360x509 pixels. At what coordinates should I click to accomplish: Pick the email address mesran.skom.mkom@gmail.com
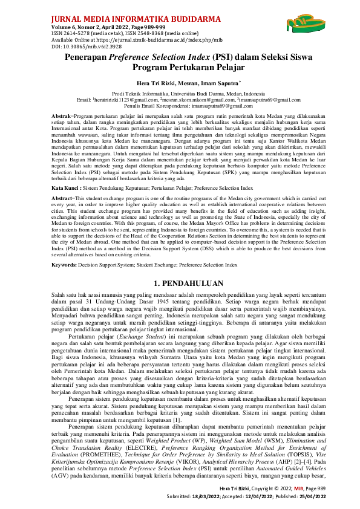(192, 99)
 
